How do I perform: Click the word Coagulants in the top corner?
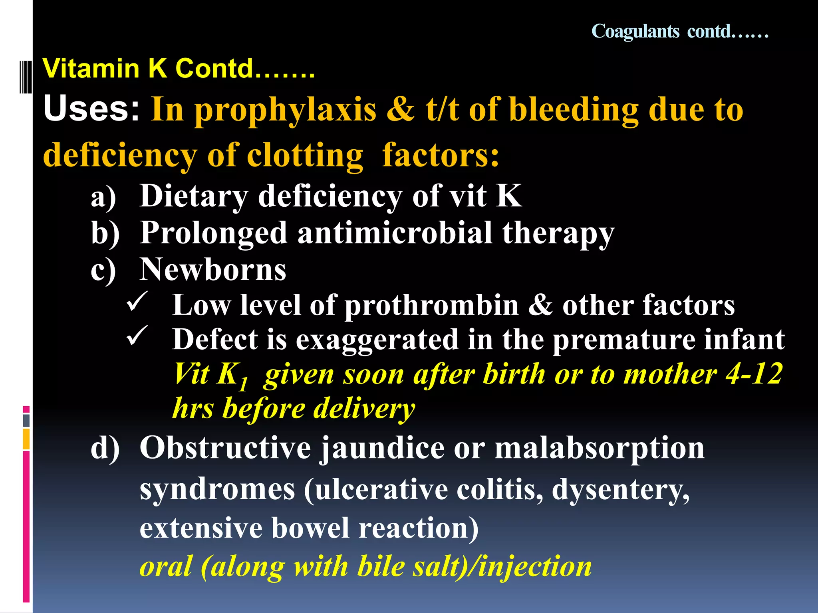[635, 32]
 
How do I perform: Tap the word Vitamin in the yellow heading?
[91, 68]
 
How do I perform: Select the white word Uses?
[91, 109]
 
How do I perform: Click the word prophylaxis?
[286, 111]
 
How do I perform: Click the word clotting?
[305, 155]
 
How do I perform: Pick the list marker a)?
[103, 197]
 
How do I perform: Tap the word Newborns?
[212, 269]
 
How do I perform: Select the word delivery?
[363, 409]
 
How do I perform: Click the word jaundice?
[383, 449]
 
